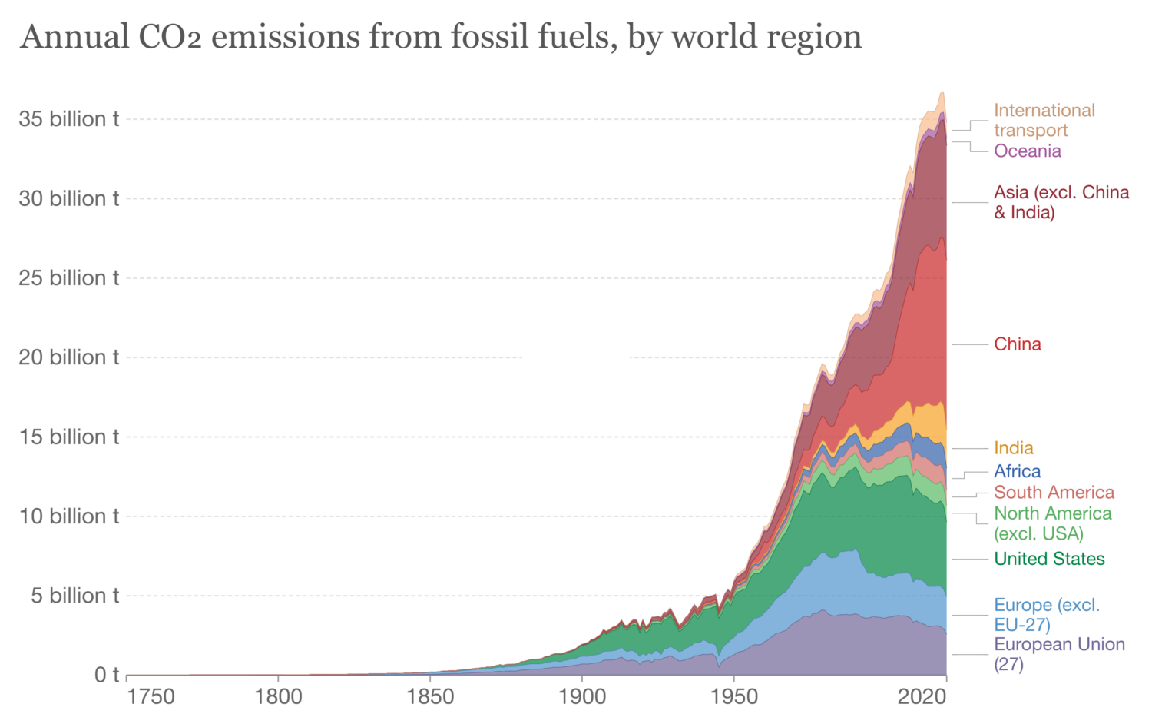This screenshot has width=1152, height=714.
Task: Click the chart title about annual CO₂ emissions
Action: tap(441, 37)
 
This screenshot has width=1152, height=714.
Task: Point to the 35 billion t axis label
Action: tap(69, 119)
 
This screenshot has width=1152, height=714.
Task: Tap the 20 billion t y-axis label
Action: tap(69, 357)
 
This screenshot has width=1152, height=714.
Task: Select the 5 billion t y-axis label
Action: tap(75, 596)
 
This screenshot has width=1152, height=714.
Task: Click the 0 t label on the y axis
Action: tap(107, 675)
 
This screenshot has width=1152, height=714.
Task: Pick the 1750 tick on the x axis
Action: tap(151, 697)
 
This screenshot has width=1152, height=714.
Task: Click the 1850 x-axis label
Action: tap(429, 697)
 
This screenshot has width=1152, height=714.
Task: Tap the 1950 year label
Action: tap(733, 697)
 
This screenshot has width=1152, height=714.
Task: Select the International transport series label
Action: tap(1044, 121)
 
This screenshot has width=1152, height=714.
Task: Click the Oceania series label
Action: tap(1027, 151)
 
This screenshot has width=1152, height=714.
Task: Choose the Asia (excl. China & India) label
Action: tap(1061, 202)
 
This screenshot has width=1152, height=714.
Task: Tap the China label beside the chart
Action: tap(1017, 344)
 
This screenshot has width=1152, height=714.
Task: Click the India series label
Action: tap(1013, 448)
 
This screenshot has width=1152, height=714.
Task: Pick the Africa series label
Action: tap(1017, 471)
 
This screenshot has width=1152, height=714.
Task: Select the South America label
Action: tap(1054, 493)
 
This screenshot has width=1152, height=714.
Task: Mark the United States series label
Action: tap(1049, 559)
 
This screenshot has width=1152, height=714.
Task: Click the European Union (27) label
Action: tap(1058, 654)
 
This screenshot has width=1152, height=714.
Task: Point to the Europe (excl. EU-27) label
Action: tap(1046, 615)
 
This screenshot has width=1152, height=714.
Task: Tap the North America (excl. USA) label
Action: tap(1052, 523)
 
